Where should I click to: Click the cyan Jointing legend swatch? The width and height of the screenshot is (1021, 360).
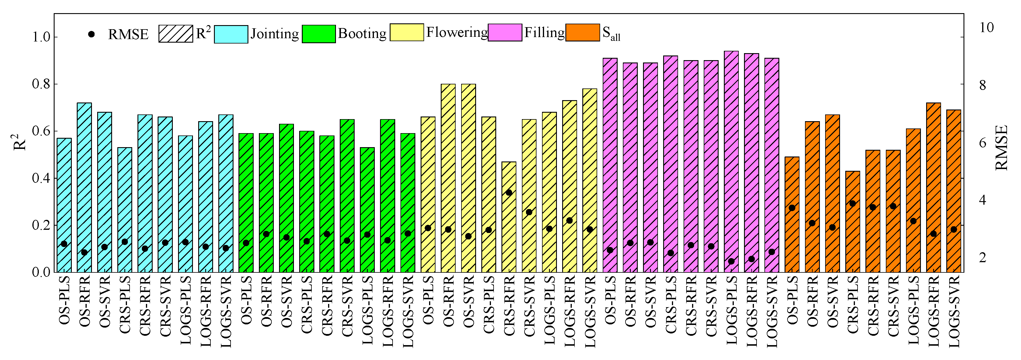coord(231,34)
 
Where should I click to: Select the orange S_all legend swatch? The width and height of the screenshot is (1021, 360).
coord(582,32)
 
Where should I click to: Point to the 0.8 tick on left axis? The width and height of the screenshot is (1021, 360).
coord(41,84)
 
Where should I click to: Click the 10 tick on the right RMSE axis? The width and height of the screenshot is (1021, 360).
coord(986,27)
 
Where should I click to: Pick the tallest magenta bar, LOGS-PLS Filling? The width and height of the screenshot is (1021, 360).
coord(731,159)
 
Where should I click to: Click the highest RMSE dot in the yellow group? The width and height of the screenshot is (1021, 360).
coord(509,193)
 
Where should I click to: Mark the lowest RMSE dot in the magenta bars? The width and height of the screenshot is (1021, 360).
coord(731,261)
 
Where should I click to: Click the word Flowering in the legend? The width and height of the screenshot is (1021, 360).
coord(457,32)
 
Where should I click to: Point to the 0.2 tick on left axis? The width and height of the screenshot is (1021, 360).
coord(41,225)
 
